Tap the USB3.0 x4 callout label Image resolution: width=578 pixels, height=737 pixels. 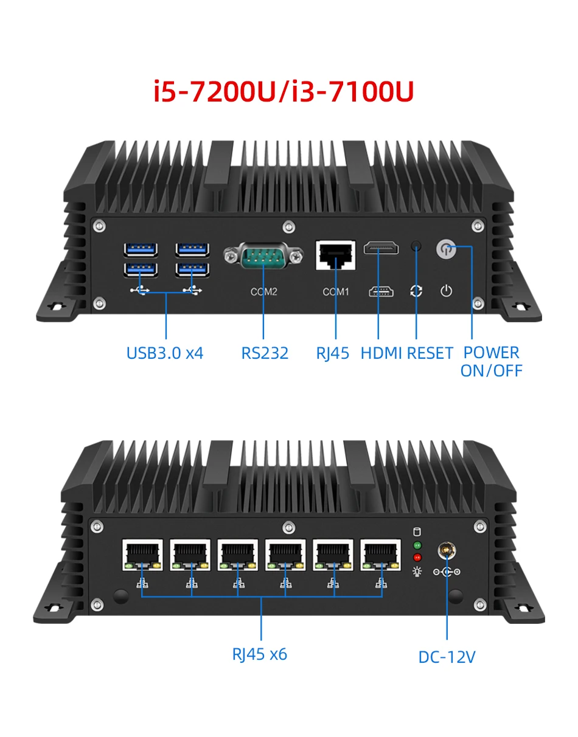165,353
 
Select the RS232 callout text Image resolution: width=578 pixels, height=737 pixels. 265,353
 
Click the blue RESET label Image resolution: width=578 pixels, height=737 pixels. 430,353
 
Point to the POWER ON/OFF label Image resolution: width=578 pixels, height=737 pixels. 492,361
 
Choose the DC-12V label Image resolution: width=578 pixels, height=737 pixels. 447,657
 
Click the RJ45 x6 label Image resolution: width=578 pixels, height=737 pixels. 260,654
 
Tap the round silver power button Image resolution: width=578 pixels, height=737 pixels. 446,249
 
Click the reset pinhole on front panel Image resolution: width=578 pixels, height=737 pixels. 416,246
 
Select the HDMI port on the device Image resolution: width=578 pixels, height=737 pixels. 381,248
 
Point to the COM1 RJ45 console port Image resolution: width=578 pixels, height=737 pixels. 335,255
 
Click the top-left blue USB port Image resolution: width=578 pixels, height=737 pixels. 141,249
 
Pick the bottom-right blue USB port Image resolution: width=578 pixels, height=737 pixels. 193,269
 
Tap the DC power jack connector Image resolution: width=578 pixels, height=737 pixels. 447,552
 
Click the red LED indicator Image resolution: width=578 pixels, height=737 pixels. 417,557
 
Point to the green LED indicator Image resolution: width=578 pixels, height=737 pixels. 417,545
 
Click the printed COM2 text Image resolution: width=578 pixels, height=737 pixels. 263,292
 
